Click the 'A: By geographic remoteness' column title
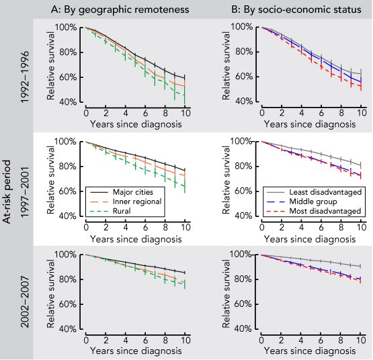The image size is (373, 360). pyautogui.click(x=120, y=10)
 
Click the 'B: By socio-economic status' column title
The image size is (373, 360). pyautogui.click(x=296, y=10)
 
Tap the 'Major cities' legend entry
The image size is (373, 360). pyautogui.click(x=133, y=192)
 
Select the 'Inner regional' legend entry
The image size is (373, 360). pyautogui.click(x=137, y=201)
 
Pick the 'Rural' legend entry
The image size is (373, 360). pyautogui.click(x=122, y=211)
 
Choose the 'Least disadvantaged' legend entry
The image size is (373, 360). pyautogui.click(x=325, y=192)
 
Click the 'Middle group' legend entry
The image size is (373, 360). pyautogui.click(x=313, y=201)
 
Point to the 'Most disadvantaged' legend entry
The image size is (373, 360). pyautogui.click(x=325, y=211)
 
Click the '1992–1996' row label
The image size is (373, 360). pyautogui.click(x=25, y=77)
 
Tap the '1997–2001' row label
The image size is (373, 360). pyautogui.click(x=25, y=192)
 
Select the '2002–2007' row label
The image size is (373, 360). pyautogui.click(x=25, y=302)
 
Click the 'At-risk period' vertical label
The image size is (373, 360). pyautogui.click(x=7, y=191)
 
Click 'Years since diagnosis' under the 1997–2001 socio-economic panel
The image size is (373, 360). pyautogui.click(x=310, y=239)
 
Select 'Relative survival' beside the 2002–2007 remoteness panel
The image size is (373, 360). pyautogui.click(x=50, y=294)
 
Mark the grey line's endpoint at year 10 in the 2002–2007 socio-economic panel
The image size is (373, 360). pyautogui.click(x=361, y=266)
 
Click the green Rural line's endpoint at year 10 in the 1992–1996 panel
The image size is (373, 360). pyautogui.click(x=185, y=95)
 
